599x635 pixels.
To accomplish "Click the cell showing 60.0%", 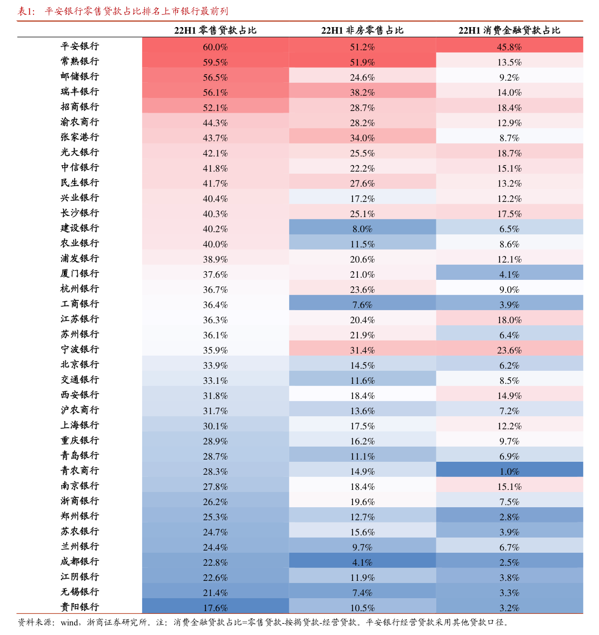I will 215,47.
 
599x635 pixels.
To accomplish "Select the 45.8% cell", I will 509,47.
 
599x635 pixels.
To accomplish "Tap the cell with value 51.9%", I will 362,62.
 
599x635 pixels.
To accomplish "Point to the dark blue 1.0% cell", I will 509,472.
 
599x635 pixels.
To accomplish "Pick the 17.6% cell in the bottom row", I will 215,608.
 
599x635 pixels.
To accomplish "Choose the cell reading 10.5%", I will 362,608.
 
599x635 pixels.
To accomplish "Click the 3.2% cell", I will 509,608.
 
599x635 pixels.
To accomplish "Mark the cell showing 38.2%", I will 362,93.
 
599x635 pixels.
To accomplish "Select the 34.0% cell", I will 362,138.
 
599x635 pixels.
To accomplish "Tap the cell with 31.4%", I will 362,350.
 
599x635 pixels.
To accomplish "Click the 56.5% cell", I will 215,77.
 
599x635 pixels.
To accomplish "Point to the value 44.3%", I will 215,123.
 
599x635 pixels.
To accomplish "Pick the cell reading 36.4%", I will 215,305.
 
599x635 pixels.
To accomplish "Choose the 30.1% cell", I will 215,426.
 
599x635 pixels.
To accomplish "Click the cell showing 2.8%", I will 509,517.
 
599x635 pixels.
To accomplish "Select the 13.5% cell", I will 509,62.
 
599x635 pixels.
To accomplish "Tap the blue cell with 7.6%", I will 362,305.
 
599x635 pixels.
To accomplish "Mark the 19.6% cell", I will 362,502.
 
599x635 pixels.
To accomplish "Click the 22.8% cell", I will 215,562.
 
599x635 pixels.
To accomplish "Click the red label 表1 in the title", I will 26,11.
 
